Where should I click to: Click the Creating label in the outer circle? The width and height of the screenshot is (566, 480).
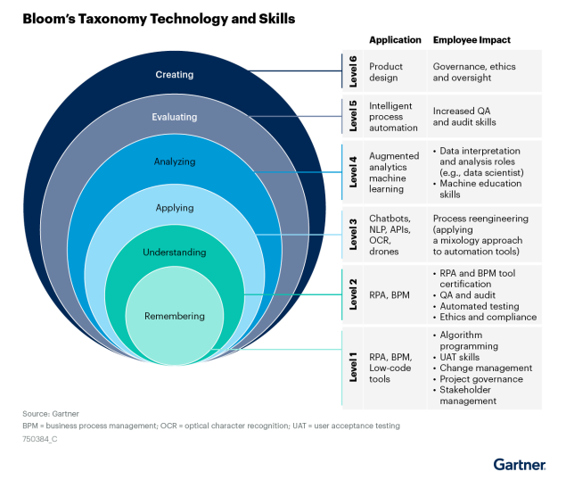pos(175,74)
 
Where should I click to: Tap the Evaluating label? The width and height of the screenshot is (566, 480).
pos(175,117)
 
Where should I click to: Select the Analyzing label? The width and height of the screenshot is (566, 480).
pos(175,161)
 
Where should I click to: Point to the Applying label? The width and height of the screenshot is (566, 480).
pos(175,208)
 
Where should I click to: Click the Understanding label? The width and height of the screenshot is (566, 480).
pos(175,252)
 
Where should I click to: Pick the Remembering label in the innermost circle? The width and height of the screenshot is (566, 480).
pos(175,316)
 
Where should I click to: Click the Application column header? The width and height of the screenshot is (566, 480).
pos(395,40)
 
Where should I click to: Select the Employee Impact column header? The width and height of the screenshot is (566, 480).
pos(472,40)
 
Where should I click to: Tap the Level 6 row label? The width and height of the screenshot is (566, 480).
pos(353,71)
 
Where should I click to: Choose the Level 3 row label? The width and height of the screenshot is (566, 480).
pos(353,235)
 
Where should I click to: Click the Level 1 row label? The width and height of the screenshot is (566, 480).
pos(353,368)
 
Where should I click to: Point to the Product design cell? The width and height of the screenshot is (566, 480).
pos(386,72)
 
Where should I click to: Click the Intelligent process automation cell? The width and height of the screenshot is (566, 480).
pos(393,117)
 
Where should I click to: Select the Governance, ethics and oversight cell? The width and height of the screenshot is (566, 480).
pos(474,72)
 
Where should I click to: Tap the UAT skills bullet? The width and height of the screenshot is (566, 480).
pos(456,357)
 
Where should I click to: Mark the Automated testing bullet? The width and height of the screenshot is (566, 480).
pos(476,306)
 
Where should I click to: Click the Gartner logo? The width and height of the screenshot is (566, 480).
pos(520,465)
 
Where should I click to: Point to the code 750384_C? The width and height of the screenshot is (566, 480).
pos(40,439)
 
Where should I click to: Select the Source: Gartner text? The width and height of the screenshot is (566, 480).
pos(51,413)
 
